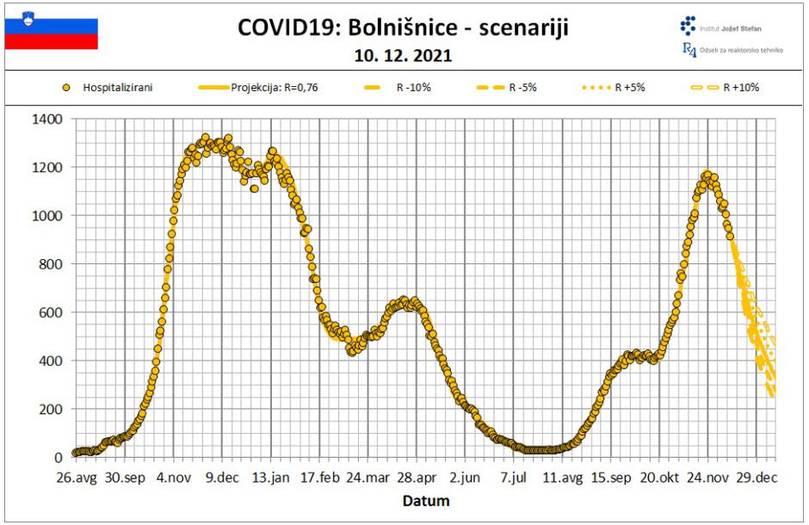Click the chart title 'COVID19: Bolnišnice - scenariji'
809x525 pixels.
(x=402, y=28)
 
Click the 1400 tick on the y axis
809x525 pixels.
(x=48, y=119)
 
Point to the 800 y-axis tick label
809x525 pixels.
(x=52, y=264)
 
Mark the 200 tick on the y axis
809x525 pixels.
(x=52, y=410)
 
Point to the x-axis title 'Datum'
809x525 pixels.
(x=428, y=500)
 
